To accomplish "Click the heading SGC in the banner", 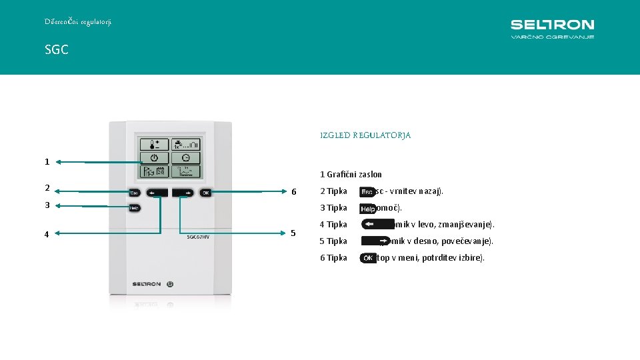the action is (x=57, y=50).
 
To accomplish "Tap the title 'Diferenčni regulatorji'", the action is (x=78, y=21).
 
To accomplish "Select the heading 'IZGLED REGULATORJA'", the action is (x=365, y=135).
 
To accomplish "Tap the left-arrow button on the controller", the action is (x=158, y=193).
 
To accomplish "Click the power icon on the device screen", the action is (x=154, y=158).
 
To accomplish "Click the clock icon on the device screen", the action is (x=185, y=158).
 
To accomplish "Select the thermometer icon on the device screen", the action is (x=154, y=144).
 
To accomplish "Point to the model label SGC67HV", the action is (x=198, y=236).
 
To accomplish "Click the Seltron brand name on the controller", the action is (x=146, y=283).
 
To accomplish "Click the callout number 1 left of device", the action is (x=47, y=161).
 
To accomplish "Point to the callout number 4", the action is (x=47, y=234).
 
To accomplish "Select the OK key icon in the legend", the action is (x=367, y=258).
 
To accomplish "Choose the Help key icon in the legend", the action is (x=367, y=209).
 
